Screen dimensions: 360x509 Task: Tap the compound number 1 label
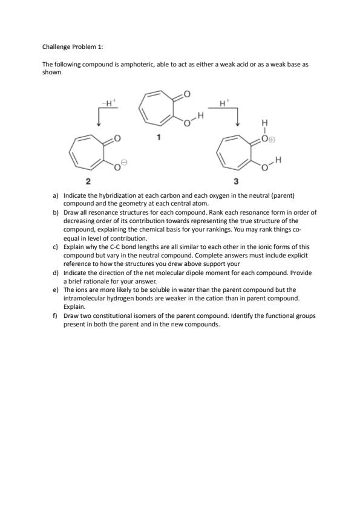coord(159,137)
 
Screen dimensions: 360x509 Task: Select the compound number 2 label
coord(88,181)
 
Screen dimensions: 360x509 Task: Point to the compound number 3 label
coord(236,181)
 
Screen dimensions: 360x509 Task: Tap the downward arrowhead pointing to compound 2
coord(99,123)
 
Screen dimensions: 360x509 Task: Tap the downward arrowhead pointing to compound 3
coord(238,123)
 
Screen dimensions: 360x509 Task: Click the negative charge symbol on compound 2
coord(125,161)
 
